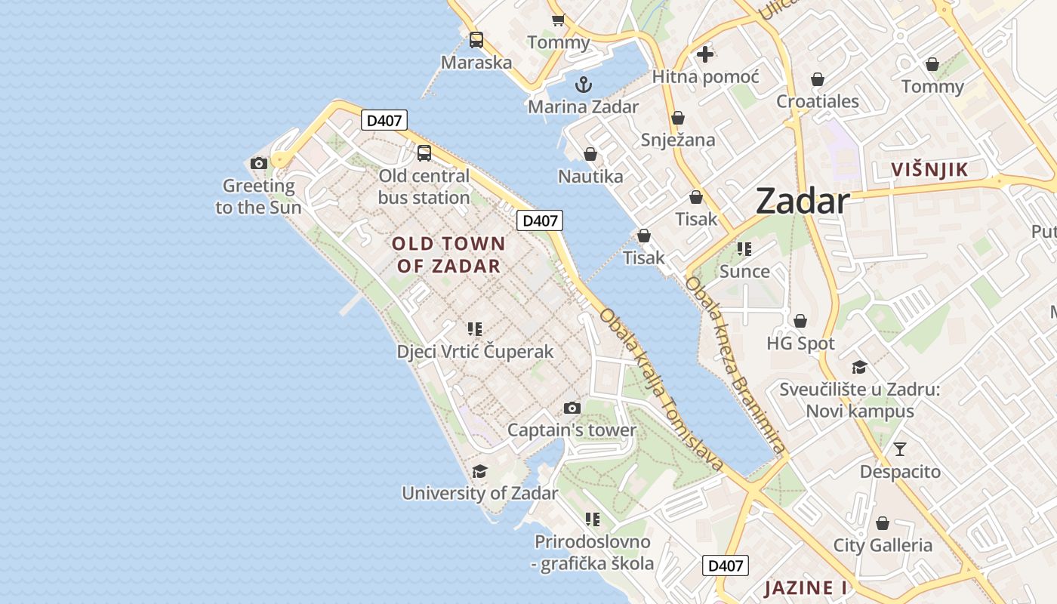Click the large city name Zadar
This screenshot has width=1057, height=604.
point(803,201)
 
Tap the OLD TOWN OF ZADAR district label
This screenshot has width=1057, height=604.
point(448,254)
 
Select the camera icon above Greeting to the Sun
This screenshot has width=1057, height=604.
point(259,163)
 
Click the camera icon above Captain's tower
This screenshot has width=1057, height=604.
point(572,408)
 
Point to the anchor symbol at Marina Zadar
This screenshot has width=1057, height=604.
point(583,84)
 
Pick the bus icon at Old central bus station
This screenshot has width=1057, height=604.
point(424,153)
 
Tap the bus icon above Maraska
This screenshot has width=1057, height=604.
point(476,40)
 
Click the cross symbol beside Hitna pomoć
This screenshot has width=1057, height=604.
point(705,54)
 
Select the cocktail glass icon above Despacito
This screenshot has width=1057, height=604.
point(900,449)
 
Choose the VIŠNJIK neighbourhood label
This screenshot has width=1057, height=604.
point(929,169)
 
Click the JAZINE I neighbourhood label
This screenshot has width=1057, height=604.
point(805,587)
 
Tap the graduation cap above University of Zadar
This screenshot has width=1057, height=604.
point(479,472)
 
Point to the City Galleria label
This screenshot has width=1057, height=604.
point(883,545)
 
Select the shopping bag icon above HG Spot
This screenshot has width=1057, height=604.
point(800,321)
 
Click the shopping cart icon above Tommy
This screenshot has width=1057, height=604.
point(558,20)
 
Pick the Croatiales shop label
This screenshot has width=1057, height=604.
point(818,101)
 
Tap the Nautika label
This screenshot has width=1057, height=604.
point(590,177)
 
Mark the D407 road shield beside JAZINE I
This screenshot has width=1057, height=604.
point(725,565)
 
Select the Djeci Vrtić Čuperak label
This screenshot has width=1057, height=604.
point(475,352)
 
